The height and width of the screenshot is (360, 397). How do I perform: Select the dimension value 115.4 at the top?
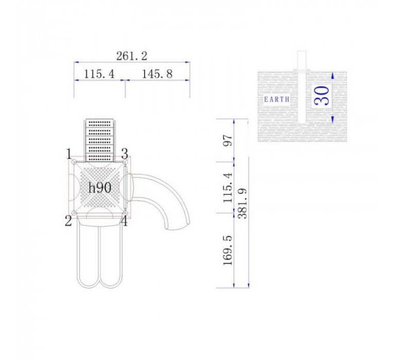(99, 74)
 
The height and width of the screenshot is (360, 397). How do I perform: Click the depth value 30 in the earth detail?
(322, 96)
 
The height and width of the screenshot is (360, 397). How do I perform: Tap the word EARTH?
(277, 99)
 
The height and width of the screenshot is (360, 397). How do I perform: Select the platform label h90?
(99, 188)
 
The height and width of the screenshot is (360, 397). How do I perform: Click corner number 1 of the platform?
(68, 154)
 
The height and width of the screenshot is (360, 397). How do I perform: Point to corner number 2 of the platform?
(68, 222)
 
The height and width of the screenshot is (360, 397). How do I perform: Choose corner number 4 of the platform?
(124, 222)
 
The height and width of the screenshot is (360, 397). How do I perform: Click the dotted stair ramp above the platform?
(100, 139)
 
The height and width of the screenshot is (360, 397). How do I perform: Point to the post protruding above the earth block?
(303, 60)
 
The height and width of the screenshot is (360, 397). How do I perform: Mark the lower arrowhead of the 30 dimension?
(333, 119)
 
